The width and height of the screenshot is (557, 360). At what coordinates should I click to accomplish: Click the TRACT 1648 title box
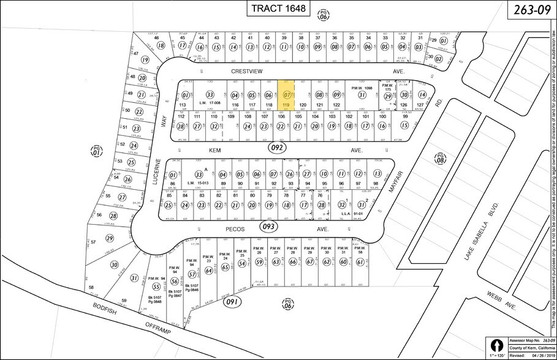(x=278, y=9)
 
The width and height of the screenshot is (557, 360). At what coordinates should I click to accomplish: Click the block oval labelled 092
(x=278, y=148)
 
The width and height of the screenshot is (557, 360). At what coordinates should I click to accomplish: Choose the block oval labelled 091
(x=233, y=301)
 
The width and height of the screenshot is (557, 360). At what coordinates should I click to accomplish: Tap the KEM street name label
(x=214, y=149)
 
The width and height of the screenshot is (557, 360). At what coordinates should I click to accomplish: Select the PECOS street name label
(x=235, y=229)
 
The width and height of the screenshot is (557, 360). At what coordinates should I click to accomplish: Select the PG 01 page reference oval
(x=96, y=151)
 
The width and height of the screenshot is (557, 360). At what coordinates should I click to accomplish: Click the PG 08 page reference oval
(x=439, y=159)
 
